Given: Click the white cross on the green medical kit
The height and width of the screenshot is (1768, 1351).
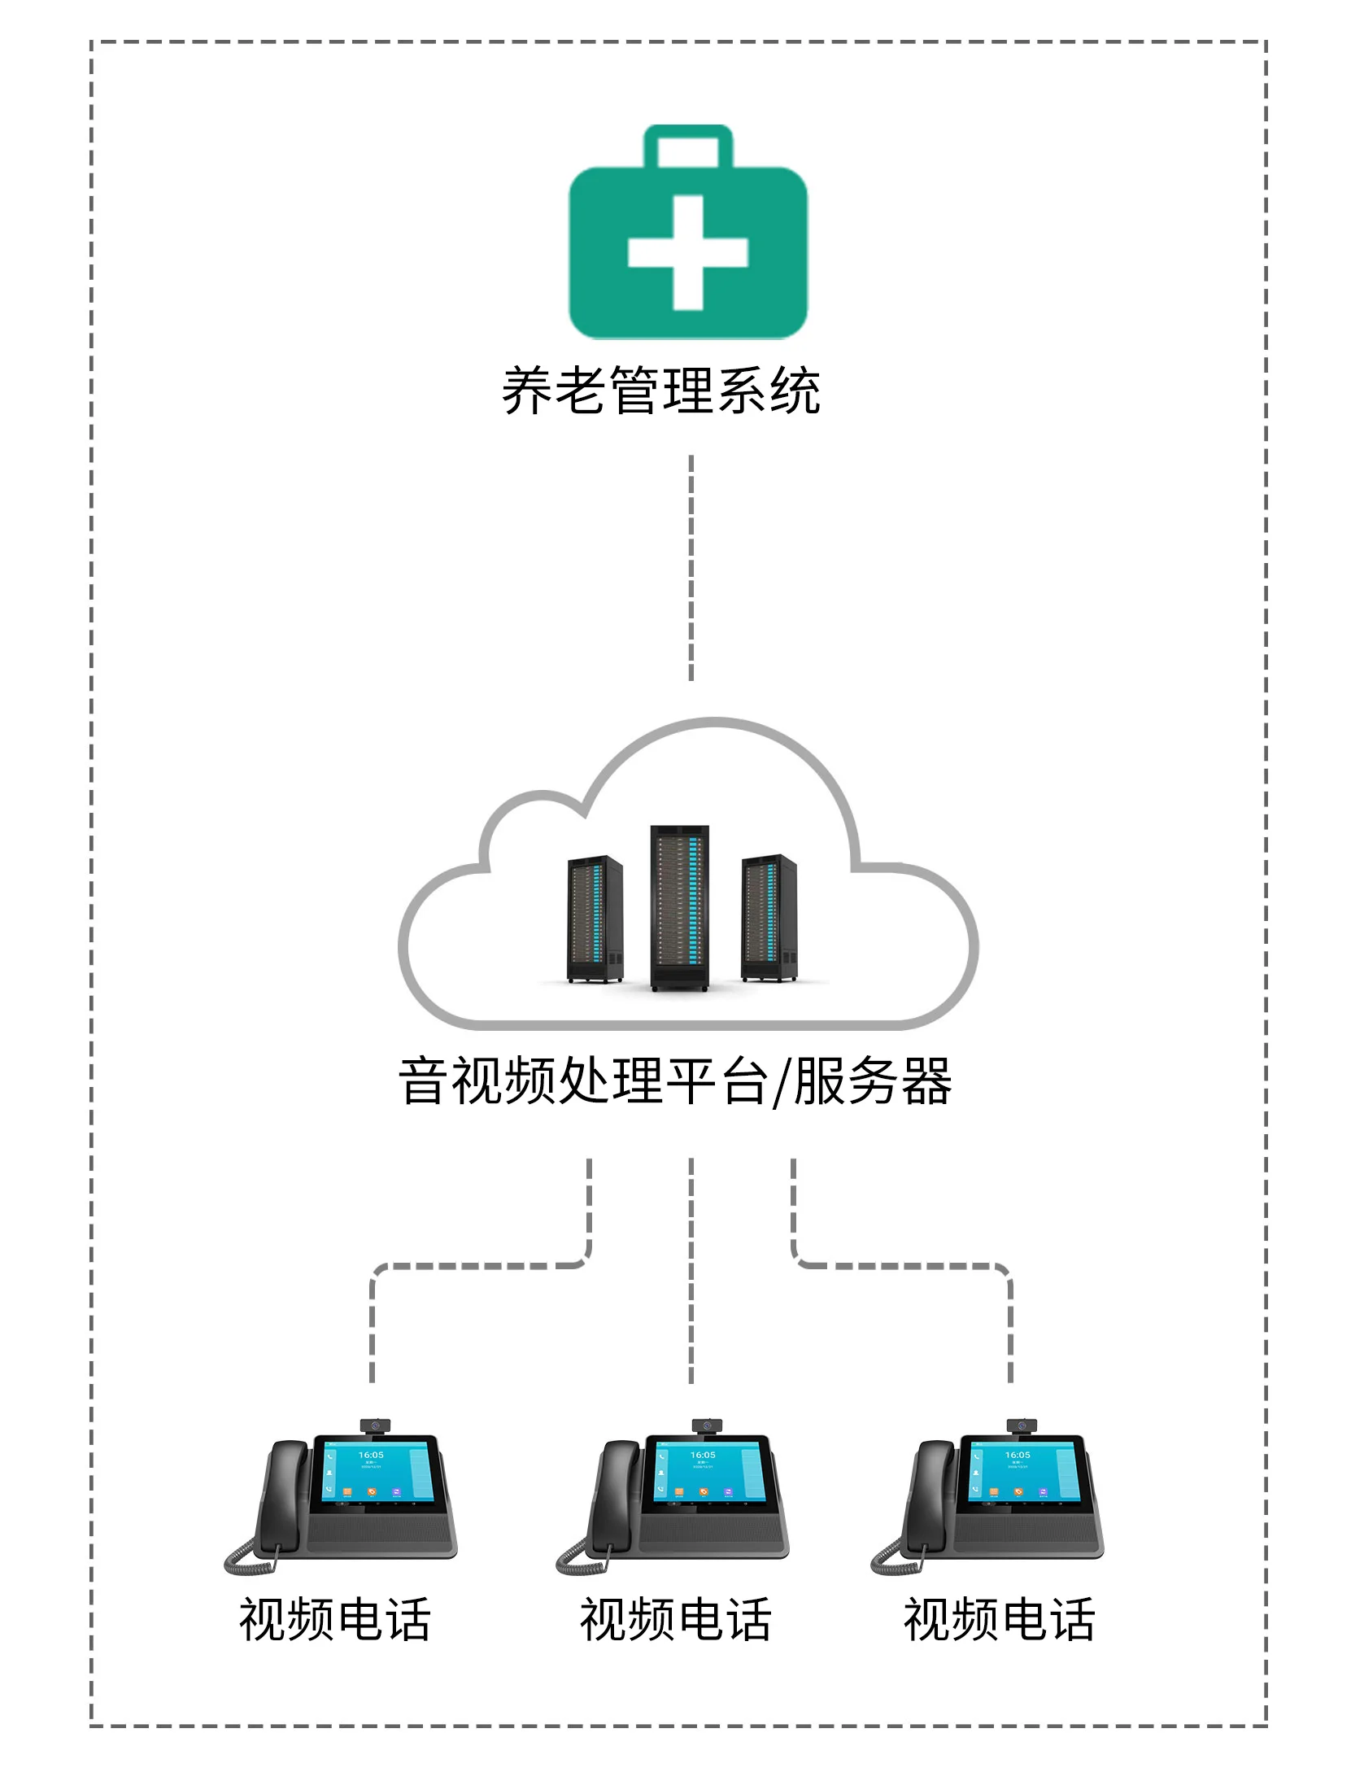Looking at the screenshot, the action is click(687, 252).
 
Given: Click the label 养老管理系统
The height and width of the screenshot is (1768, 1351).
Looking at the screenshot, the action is click(660, 391).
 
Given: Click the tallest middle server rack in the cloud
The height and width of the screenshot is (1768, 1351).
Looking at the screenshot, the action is click(680, 907).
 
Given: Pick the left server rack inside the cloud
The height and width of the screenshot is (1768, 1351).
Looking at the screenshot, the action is click(595, 918).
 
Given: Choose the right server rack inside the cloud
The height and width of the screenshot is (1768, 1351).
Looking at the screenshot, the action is click(769, 917).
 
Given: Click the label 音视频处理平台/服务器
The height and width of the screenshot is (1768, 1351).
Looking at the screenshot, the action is click(675, 1081).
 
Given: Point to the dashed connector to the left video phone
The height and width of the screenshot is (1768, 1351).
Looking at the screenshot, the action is click(480, 1266).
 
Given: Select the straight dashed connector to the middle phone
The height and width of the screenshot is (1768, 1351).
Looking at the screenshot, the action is click(691, 1269).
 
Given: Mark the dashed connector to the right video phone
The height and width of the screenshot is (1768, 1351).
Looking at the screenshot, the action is click(903, 1266).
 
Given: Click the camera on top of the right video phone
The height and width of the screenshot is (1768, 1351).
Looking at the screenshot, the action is click(1022, 1425).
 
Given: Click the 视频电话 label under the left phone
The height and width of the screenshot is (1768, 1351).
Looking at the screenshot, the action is click(334, 1619).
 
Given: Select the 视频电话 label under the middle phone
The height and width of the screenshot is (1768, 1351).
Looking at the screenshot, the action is click(675, 1619).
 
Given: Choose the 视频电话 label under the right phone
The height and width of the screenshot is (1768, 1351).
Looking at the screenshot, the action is click(999, 1619).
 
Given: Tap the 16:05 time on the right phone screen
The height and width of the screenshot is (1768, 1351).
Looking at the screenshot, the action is click(1018, 1455).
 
